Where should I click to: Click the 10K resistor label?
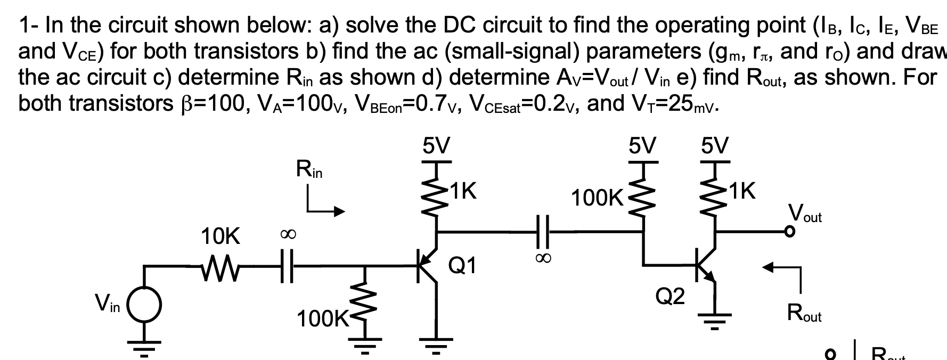[x=221, y=235]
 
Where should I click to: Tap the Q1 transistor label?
[x=462, y=265]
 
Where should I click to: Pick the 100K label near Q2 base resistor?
[x=597, y=199]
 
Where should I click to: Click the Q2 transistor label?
[x=670, y=297]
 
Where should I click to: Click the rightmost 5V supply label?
[x=714, y=145]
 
